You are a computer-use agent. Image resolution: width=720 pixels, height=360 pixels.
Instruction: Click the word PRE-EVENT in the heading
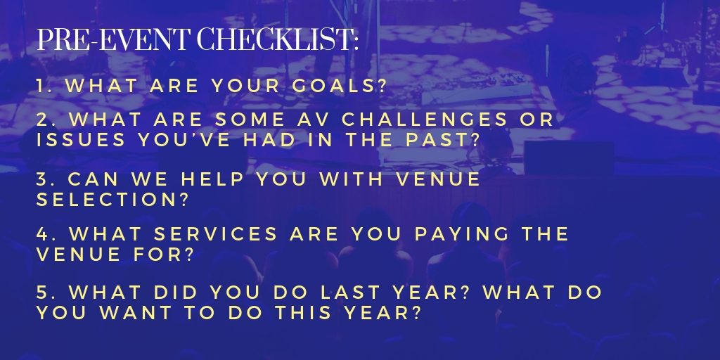(x=112, y=40)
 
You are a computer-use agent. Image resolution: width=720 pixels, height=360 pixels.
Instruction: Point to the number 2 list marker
(x=43, y=120)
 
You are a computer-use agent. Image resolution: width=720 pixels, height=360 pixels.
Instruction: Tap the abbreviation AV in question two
(x=314, y=120)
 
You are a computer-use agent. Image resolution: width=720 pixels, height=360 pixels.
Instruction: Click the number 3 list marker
(x=42, y=179)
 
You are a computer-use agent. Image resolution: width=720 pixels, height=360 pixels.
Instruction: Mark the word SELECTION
(x=107, y=199)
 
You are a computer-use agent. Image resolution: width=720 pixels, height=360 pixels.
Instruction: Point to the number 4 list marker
(x=43, y=233)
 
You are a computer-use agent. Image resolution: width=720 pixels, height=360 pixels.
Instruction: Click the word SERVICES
(x=215, y=233)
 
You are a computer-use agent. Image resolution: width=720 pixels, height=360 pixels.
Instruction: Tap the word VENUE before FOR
(x=79, y=254)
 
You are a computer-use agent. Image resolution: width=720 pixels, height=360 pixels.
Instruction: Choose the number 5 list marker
(x=43, y=292)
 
